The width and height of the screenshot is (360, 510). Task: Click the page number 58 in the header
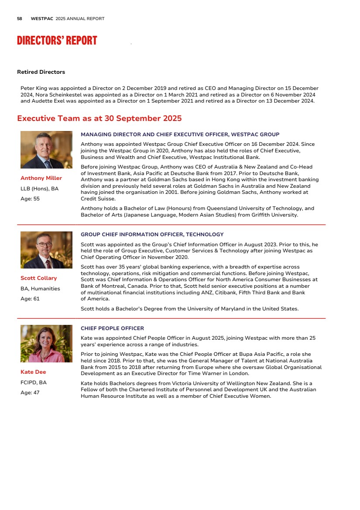point(20,19)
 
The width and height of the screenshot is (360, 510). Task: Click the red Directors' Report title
point(57,41)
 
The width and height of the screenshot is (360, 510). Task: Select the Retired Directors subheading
point(41,72)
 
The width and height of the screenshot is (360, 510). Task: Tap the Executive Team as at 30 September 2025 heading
point(99,119)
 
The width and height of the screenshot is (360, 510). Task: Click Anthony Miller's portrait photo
point(46,150)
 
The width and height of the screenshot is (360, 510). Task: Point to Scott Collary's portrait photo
point(46,250)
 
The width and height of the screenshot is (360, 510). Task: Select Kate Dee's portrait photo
point(46,344)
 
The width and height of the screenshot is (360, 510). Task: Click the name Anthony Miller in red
point(41,178)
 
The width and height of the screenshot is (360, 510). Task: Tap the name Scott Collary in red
point(38,278)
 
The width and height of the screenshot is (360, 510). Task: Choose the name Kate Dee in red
point(33,372)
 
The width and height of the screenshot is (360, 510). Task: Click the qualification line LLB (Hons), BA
point(39,189)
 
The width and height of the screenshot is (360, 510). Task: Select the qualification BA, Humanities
point(40,289)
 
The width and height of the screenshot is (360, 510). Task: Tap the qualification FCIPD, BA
point(34,382)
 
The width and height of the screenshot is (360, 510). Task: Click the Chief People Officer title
point(112,328)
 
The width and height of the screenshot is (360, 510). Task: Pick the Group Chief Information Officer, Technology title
point(152,234)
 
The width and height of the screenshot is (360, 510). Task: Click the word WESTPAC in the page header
point(42,19)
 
